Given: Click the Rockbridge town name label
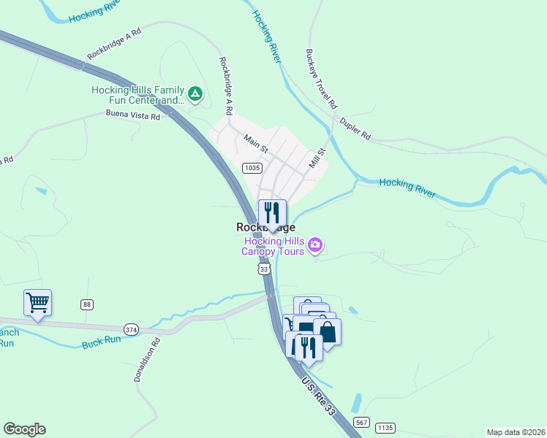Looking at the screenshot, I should [265, 228].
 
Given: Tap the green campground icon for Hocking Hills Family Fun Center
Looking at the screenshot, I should [195, 93].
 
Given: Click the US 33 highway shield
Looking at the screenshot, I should [264, 269].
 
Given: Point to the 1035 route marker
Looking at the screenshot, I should [252, 168].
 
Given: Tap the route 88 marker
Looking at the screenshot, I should [87, 304].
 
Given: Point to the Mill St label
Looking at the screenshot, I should [316, 159].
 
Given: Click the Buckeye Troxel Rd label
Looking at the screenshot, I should [321, 79].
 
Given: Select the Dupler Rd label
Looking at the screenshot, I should [356, 131].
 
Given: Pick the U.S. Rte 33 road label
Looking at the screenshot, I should [317, 395].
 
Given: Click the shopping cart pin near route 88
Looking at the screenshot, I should [37, 301].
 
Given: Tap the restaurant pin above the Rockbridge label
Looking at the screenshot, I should [272, 213].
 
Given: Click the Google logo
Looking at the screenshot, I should [24, 429].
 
